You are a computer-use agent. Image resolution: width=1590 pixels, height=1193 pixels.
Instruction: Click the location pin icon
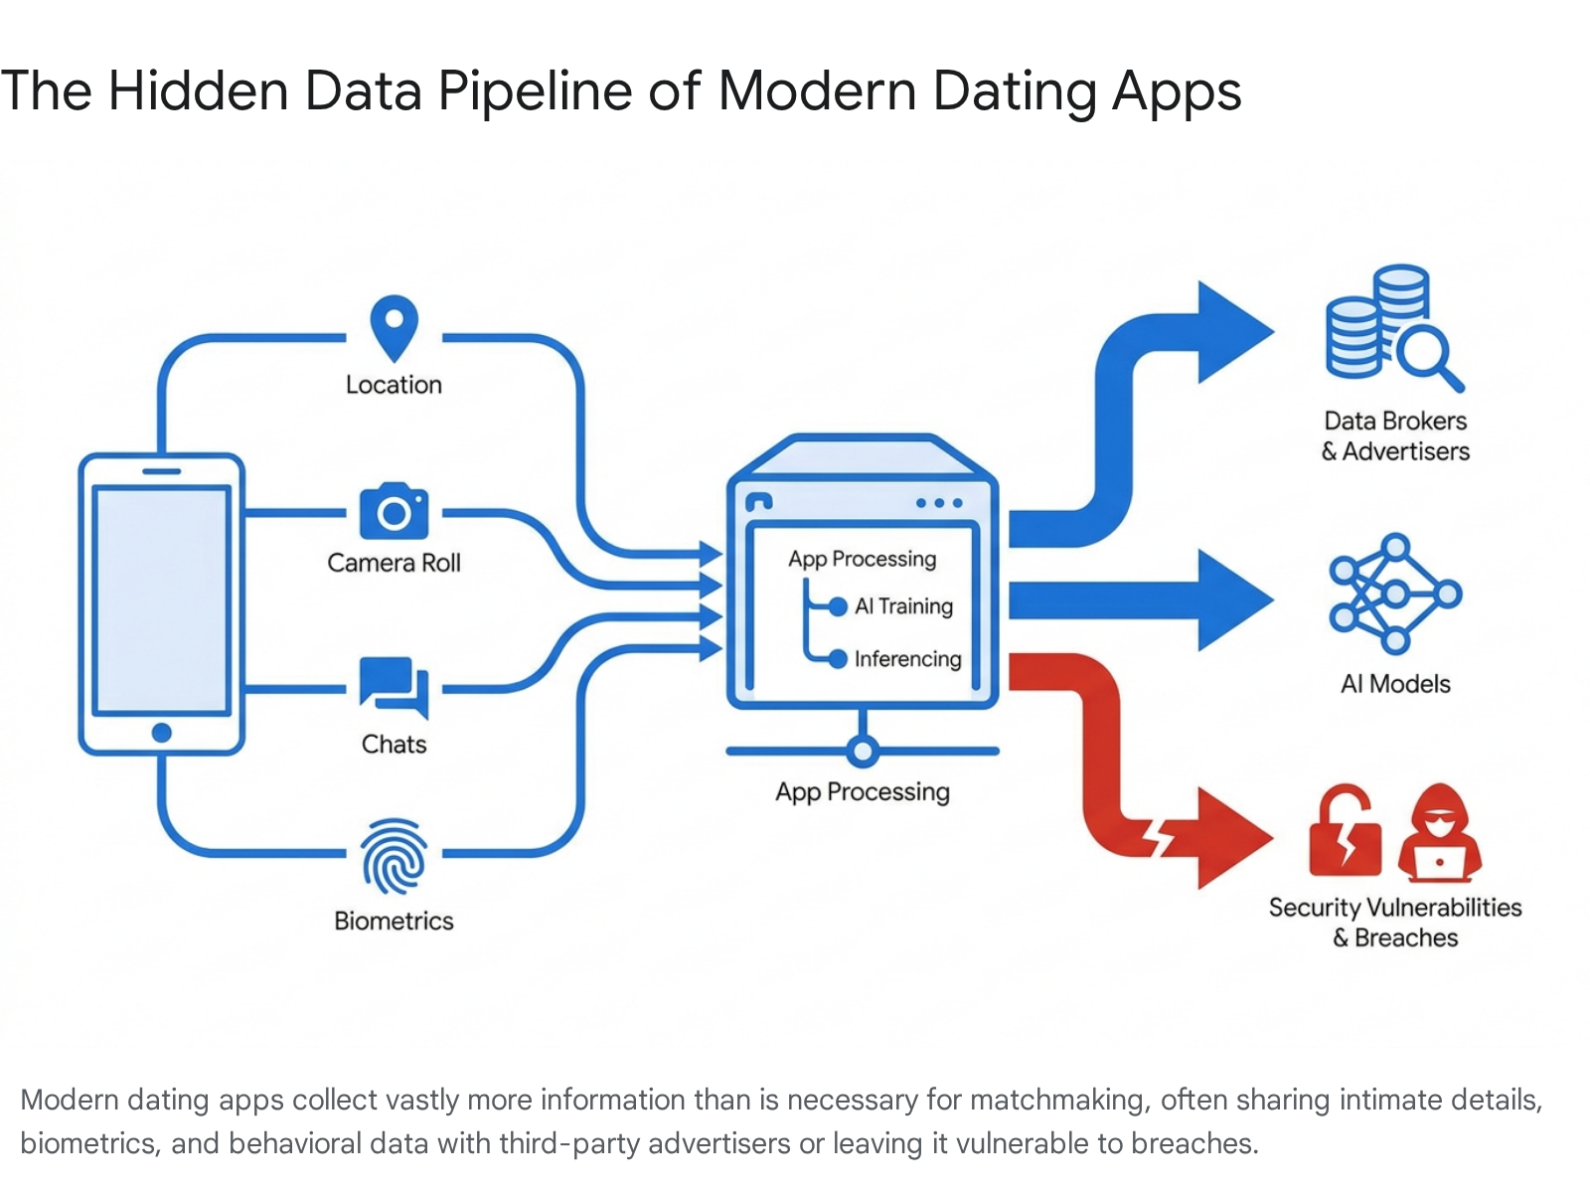coord(394,327)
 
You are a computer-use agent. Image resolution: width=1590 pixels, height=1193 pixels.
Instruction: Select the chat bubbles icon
coord(394,687)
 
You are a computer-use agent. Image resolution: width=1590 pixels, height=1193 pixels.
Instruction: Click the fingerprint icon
coord(394,856)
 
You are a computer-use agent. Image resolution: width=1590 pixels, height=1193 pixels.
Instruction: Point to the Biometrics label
coord(394,921)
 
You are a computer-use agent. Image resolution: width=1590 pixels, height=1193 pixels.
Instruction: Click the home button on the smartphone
coord(162,733)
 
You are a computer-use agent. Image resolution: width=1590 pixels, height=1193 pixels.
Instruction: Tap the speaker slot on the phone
coord(162,471)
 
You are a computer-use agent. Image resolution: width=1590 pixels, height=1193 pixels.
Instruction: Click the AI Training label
coord(903,605)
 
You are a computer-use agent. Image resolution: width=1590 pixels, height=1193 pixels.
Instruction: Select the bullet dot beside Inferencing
coord(838,658)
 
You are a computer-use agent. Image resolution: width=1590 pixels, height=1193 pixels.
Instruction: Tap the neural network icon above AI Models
coord(1395,594)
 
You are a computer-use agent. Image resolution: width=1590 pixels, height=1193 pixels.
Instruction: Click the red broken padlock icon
coord(1345,831)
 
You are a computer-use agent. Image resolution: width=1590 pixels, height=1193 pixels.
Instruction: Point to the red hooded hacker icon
coord(1439,833)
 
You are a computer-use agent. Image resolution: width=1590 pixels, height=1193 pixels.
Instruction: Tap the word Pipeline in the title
coord(535,92)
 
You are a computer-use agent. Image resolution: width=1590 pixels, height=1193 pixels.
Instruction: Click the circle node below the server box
coord(862,751)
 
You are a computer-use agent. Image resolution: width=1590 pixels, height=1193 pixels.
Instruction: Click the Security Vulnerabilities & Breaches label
coord(1395,923)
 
